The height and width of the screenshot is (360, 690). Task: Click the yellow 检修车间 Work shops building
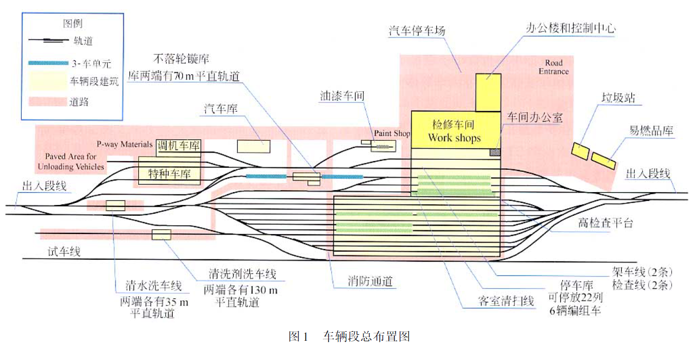tap(455, 130)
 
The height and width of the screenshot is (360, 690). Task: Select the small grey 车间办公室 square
tap(495, 152)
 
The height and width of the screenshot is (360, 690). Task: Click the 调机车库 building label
tap(178, 146)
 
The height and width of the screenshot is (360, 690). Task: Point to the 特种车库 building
tap(169, 173)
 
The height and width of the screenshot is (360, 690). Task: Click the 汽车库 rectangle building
tap(254, 146)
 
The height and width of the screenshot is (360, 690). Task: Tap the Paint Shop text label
tap(392, 133)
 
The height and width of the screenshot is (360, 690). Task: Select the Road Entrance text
tap(553, 67)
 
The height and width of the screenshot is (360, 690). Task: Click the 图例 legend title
tap(73, 24)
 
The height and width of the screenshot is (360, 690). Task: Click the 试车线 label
tap(64, 252)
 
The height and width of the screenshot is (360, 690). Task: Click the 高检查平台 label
tap(605, 223)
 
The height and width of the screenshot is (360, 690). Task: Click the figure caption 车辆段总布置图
tap(366, 337)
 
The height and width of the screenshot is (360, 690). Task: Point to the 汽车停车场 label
tap(417, 31)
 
